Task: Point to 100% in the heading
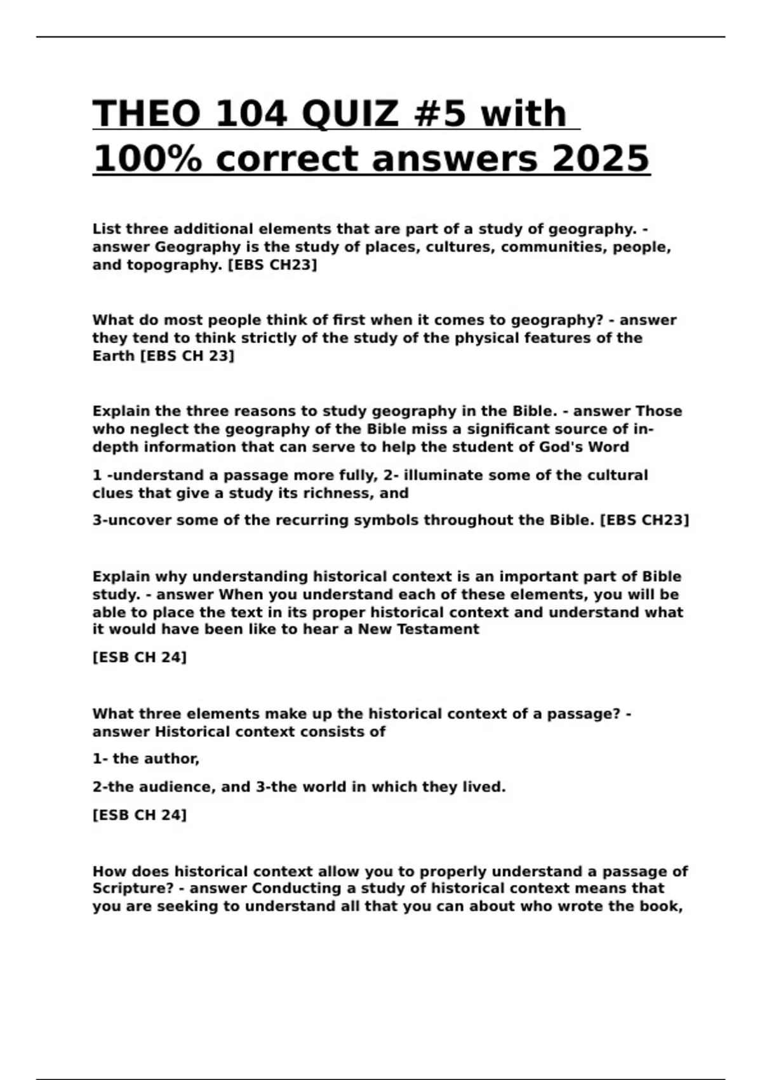(x=147, y=158)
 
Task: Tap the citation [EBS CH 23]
(x=187, y=356)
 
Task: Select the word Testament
(x=438, y=630)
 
